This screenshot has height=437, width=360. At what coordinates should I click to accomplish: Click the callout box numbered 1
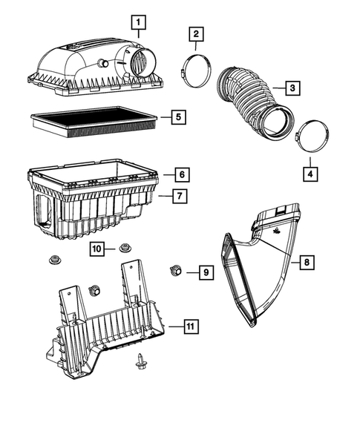point(137,22)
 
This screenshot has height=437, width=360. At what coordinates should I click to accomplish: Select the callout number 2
point(195,34)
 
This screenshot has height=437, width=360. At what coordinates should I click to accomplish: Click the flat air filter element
point(93,119)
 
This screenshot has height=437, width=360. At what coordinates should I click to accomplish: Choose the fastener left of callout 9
point(177,269)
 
